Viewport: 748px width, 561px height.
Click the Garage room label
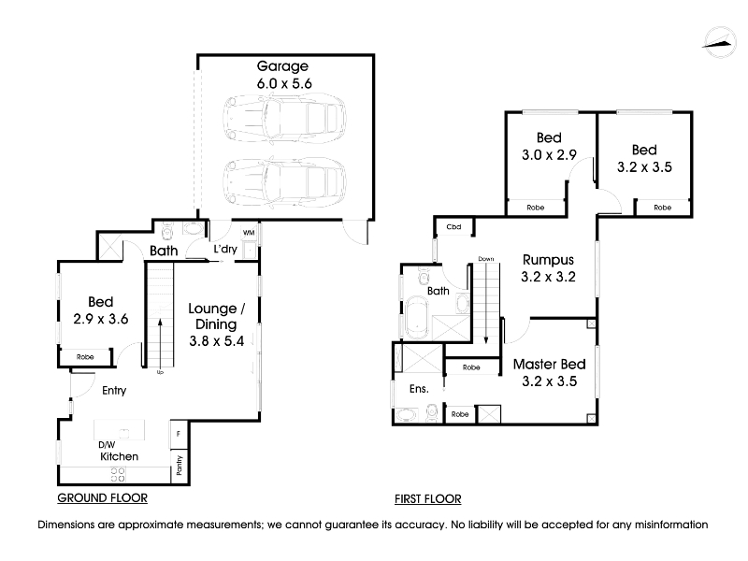[x=282, y=66]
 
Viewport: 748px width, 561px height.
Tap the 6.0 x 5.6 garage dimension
[x=284, y=84]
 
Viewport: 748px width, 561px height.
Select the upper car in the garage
[x=285, y=117]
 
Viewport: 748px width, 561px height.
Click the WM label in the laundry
[x=249, y=233]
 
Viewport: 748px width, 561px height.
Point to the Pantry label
[x=180, y=465]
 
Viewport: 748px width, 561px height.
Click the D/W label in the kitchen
[x=107, y=445]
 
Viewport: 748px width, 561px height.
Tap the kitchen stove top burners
[x=118, y=475]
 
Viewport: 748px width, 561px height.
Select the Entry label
[x=114, y=391]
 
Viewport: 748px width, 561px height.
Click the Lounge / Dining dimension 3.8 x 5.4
[x=217, y=341]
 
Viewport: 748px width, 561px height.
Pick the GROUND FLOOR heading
[x=102, y=498]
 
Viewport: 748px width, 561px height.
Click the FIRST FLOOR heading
[x=428, y=499]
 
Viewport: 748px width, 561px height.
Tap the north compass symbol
[x=719, y=43]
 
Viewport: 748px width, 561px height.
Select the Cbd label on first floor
[x=453, y=227]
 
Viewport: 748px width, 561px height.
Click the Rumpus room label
[x=548, y=260]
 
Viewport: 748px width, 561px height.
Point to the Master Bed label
[x=549, y=365]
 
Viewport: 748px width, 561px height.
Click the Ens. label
[x=419, y=389]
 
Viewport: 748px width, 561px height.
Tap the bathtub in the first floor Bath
[x=417, y=317]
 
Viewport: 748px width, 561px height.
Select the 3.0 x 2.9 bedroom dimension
[x=549, y=155]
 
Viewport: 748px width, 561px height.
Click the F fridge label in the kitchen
[x=179, y=434]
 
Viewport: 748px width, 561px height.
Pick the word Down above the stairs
[x=486, y=259]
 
